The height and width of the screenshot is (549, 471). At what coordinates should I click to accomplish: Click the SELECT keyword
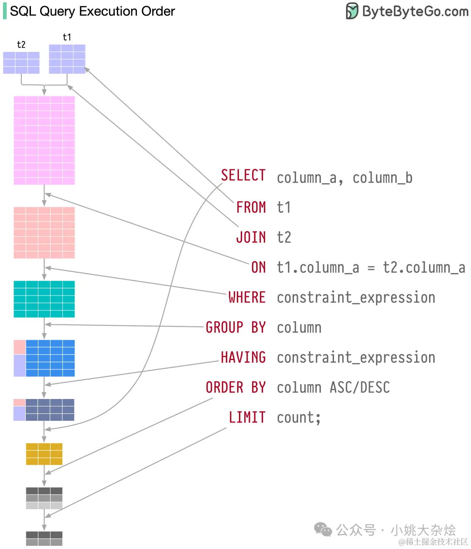pos(243,175)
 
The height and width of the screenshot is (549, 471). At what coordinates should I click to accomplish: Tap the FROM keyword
pos(251,207)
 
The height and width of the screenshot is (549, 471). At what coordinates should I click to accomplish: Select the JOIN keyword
pos(251,237)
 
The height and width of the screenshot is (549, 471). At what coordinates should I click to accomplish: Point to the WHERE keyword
pos(247,297)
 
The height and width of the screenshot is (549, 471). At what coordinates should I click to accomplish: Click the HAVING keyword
pos(243,358)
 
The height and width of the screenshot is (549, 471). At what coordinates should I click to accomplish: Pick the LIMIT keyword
pos(247,417)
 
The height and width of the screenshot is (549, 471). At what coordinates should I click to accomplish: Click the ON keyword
pos(258,267)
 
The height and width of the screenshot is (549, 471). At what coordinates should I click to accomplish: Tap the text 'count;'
pos(299,418)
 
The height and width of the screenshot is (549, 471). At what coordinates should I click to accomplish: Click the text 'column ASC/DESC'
pos(333,388)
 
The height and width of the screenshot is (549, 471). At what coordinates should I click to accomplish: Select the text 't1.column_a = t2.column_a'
pos(371,267)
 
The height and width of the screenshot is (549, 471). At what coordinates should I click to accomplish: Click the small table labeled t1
pos(67,59)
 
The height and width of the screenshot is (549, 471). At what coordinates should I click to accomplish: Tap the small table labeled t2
pos(21,63)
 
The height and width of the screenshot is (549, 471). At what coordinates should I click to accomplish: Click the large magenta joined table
pos(44,140)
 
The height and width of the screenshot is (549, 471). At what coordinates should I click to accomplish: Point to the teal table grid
pos(44,299)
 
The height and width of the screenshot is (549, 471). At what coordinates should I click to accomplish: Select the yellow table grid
pos(44,454)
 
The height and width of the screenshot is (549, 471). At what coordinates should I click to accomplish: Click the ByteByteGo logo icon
pos(352,11)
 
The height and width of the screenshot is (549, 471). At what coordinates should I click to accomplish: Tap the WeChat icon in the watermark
pos(323,529)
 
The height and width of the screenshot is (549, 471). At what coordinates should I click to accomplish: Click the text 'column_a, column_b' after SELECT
pos(345,178)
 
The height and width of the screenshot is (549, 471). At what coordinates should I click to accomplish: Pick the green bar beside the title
pos(5,11)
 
